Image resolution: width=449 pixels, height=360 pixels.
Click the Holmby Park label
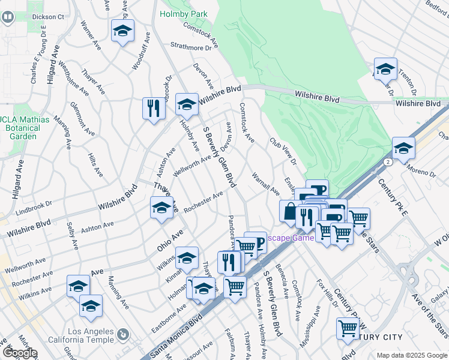pos(182,13)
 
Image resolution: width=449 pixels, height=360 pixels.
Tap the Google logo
pos(20,353)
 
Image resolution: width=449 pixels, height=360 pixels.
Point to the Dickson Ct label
pos(48,17)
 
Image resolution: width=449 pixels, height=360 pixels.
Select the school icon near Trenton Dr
pos(385,70)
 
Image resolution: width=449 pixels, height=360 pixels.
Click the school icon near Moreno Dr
pos(403,149)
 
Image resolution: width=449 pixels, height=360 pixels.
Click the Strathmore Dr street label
pos(191,46)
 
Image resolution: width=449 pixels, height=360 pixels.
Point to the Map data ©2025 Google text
pos(412,355)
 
